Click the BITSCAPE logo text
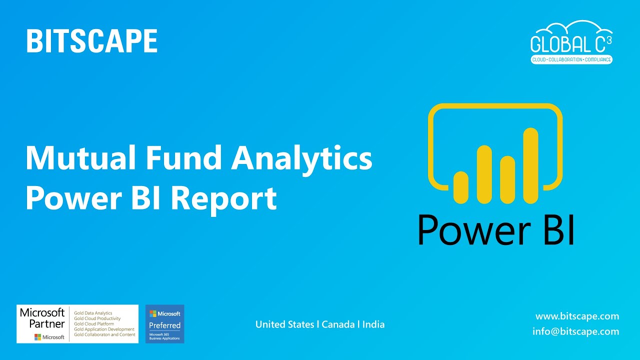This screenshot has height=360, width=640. (x=92, y=41)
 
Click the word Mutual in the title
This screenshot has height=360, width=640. (x=80, y=158)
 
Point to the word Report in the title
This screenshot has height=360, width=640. (x=223, y=198)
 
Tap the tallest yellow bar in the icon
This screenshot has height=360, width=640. (x=530, y=165)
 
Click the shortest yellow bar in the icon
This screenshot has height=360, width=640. (x=460, y=186)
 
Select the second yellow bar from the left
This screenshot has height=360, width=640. (x=484, y=174)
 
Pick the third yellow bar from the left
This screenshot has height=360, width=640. (x=507, y=179)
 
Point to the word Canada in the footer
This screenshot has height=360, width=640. (x=338, y=324)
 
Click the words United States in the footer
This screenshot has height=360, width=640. (x=285, y=324)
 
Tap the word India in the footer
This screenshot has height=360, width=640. (x=373, y=324)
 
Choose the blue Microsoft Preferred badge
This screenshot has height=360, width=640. (x=164, y=323)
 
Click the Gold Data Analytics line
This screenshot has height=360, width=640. (x=93, y=313)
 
